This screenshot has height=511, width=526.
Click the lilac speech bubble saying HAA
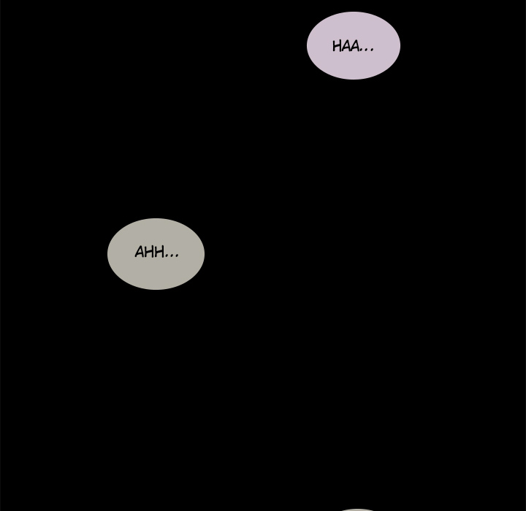[354, 45]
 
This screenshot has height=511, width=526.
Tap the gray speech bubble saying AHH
[156, 254]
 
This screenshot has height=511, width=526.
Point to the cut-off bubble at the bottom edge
[357, 510]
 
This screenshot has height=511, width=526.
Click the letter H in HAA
[337, 46]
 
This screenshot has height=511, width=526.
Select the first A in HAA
[346, 46]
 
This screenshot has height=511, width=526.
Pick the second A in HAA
[354, 46]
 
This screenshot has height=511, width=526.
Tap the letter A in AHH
[140, 252]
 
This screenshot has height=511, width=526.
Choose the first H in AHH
[150, 252]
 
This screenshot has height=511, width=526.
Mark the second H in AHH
[159, 252]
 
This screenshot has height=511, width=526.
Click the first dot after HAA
[361, 50]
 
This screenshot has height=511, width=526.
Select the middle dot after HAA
[366, 50]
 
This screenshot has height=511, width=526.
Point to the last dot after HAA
[372, 50]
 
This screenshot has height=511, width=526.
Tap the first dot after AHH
[167, 256]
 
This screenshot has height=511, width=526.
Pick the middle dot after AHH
[172, 256]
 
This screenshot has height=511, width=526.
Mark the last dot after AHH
[177, 256]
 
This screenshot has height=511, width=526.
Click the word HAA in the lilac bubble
[346, 46]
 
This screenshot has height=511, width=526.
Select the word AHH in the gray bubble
[149, 252]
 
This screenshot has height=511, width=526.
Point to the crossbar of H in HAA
[337, 46]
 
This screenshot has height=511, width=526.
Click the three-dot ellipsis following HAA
[366, 50]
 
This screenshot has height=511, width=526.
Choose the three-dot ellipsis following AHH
[172, 256]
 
